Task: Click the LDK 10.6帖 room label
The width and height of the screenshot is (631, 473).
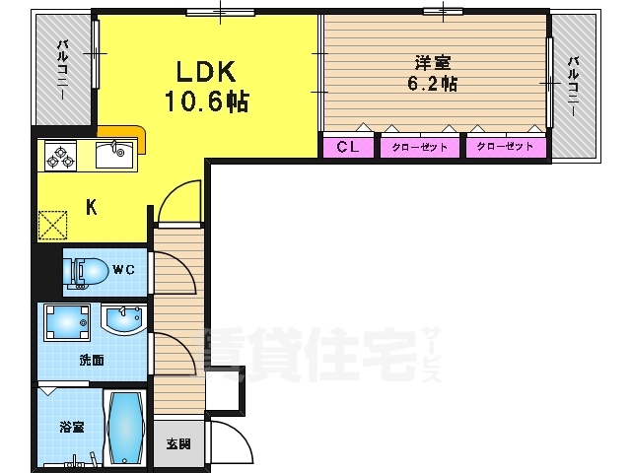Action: [206, 86]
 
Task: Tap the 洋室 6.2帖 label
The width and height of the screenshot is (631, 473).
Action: [433, 74]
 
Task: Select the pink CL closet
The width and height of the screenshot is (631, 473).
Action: [348, 147]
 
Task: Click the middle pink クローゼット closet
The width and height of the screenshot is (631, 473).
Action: [420, 147]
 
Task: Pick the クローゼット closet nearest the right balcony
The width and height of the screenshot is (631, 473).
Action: [506, 147]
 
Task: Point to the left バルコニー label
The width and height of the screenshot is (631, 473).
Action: [62, 69]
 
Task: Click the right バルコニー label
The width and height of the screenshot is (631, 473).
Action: [573, 86]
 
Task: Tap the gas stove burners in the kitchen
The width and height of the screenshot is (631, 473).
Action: [60, 156]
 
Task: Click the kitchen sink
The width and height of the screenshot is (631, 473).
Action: [114, 155]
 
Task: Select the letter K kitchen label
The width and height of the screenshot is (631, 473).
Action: [92, 208]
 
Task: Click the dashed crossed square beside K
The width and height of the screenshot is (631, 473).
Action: [52, 226]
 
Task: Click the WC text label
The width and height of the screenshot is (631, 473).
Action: [123, 269]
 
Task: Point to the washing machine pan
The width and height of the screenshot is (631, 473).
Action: [67, 322]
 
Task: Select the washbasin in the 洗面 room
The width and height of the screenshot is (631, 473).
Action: [123, 319]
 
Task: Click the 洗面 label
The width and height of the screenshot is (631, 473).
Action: [92, 360]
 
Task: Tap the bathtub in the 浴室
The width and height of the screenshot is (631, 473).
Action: [125, 428]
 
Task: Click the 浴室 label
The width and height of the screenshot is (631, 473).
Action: [72, 427]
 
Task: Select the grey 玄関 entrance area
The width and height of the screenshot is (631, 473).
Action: [178, 444]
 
